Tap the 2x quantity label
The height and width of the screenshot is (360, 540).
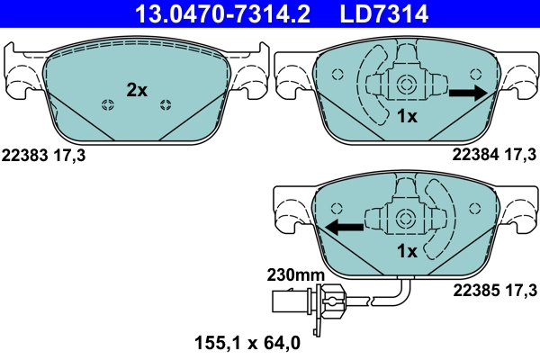pyautogui.click(x=136, y=89)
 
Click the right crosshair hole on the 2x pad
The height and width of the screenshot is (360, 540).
pyautogui.click(x=165, y=106)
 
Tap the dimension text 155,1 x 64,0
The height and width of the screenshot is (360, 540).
pyautogui.click(x=247, y=342)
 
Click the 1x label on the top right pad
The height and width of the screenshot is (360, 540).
pyautogui.click(x=406, y=117)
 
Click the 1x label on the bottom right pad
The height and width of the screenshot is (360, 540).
pyautogui.click(x=406, y=251)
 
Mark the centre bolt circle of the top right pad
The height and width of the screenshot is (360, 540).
pyautogui.click(x=406, y=86)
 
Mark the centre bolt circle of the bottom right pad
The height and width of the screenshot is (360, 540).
pyautogui.click(x=406, y=220)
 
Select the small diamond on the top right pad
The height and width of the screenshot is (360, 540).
pyautogui.click(x=338, y=75)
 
